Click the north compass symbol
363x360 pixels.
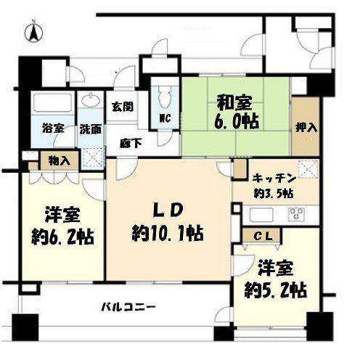pos(34,32)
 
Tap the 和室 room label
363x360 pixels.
pos(234,102)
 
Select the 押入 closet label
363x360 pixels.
pos(306,128)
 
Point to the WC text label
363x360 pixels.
pos(165,118)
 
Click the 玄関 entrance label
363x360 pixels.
pos(123,107)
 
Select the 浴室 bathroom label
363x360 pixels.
pos(53,128)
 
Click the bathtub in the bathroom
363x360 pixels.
pos(54,102)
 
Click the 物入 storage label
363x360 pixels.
pos(60,160)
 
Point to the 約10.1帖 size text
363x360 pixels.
pos(167,233)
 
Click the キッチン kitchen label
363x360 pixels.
pos(274,179)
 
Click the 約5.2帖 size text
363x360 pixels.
pos(276,290)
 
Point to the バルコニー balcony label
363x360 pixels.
pos(128,307)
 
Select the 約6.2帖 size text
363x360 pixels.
pos(62,237)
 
